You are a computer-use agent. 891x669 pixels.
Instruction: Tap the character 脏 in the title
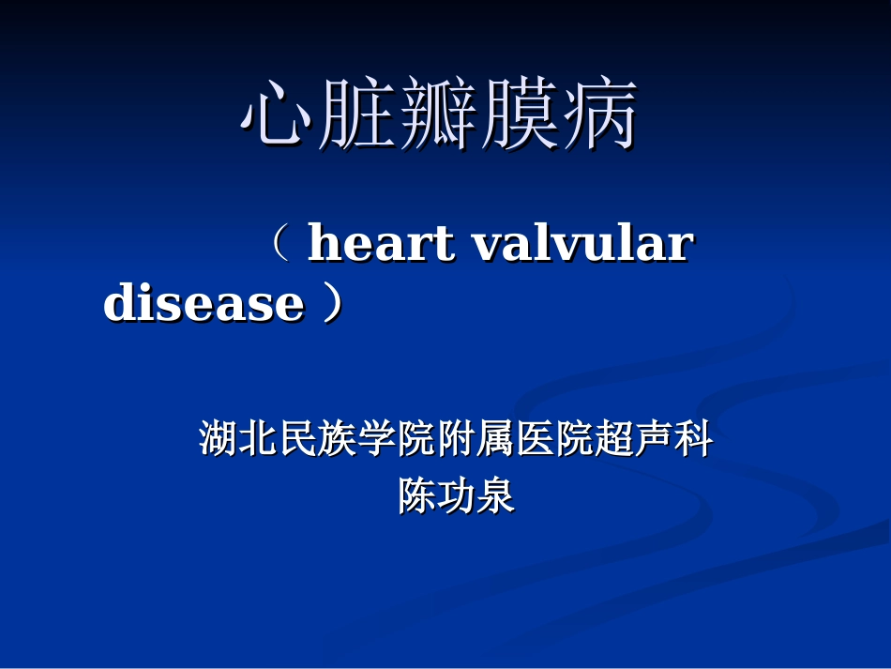(357, 116)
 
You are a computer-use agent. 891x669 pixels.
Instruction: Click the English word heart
(381, 244)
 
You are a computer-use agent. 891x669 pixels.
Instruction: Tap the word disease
(204, 304)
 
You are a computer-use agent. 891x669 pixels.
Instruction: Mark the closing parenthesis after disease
(331, 304)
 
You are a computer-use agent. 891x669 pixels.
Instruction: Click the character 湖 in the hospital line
(219, 439)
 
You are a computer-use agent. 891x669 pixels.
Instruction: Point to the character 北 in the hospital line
(258, 439)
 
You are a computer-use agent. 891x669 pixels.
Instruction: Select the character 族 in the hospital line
(337, 439)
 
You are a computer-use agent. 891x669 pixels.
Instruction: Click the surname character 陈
(416, 496)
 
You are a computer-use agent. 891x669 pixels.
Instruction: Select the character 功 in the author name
(456, 496)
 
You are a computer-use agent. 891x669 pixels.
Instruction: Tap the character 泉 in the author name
(495, 496)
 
